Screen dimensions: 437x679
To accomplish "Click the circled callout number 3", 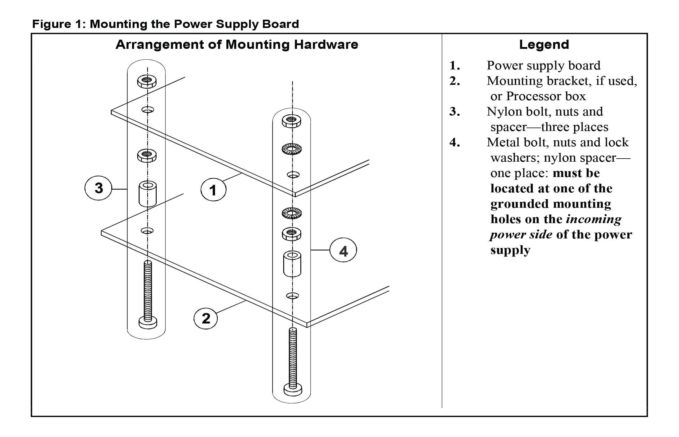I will point(98,188).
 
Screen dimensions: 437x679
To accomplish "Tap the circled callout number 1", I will point(213,190).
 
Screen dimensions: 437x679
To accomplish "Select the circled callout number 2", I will point(206,318).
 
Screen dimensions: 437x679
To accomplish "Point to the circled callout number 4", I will point(343,251).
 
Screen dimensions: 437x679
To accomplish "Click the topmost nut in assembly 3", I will point(147,81).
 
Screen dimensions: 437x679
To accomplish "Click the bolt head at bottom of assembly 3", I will point(148,322).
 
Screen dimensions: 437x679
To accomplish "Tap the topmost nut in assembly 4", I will point(291,121).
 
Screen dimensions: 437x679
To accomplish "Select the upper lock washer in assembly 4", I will point(291,149).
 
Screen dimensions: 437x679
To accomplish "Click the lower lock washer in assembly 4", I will point(291,213).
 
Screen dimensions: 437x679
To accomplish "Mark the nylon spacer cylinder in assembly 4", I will point(292,264).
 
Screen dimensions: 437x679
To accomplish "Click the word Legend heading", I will point(544,45).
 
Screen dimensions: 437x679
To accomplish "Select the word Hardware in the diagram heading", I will point(326,45).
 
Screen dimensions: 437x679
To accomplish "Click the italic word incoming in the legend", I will point(593,219).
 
